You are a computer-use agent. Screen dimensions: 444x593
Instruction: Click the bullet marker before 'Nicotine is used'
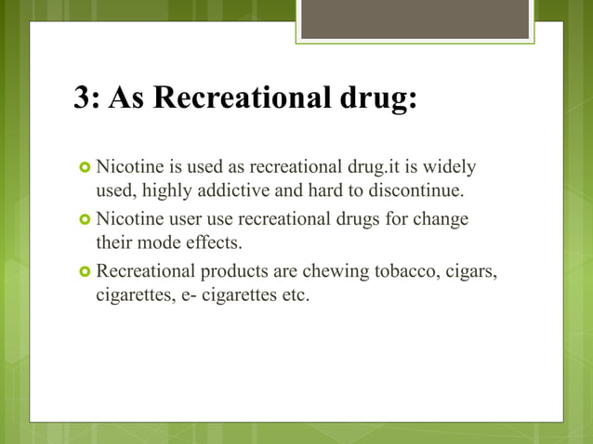pos(85,169)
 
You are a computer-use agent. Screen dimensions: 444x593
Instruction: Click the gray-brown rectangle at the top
pos(415,20)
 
